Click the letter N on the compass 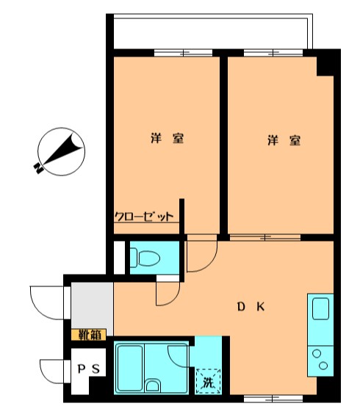click(x=38, y=168)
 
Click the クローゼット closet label click(x=144, y=216)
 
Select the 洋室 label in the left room click(x=168, y=138)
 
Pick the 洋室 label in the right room click(x=284, y=140)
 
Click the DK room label click(x=251, y=307)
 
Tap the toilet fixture click(x=145, y=258)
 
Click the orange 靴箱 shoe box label click(x=89, y=335)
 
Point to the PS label click(x=89, y=369)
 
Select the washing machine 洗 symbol click(x=208, y=382)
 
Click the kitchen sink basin click(x=320, y=308)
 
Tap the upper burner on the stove click(x=317, y=354)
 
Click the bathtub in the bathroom click(x=130, y=369)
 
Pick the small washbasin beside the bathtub click(x=153, y=385)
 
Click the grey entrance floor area click(x=92, y=305)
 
